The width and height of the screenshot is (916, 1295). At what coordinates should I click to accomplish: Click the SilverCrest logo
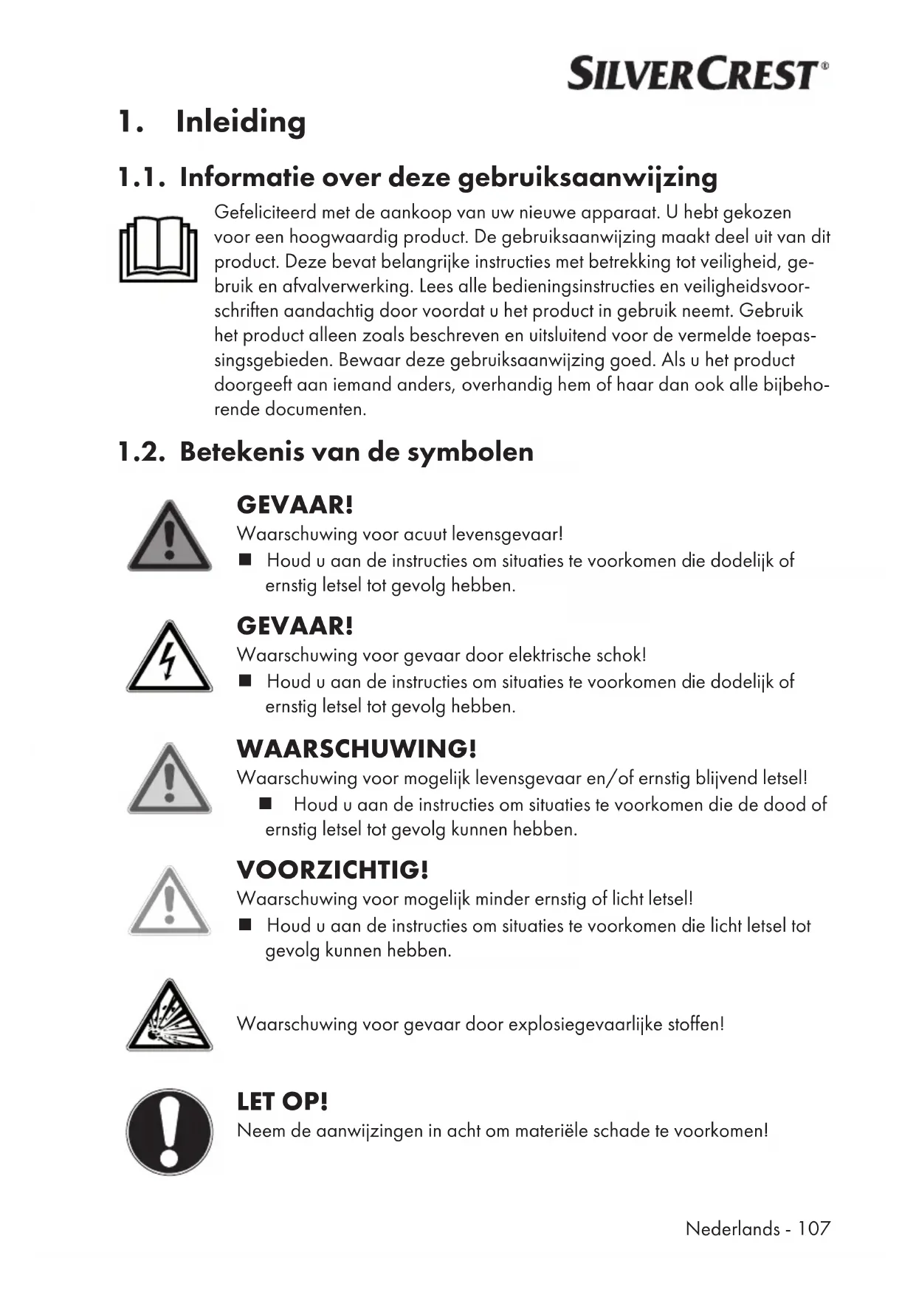[697, 74]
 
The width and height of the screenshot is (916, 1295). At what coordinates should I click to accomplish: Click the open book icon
[158, 250]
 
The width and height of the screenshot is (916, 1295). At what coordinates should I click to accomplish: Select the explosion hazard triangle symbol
[169, 1017]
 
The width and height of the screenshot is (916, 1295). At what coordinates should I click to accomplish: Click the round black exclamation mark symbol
[169, 1130]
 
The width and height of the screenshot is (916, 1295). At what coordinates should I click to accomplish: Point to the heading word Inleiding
[241, 122]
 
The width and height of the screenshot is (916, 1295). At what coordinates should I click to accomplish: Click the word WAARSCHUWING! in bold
[357, 749]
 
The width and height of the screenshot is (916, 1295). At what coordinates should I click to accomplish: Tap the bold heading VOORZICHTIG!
[332, 870]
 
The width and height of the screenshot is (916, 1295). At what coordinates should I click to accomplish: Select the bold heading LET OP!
[282, 1102]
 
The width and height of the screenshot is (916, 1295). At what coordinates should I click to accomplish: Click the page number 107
[813, 1229]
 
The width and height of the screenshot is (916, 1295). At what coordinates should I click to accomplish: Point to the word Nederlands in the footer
[732, 1229]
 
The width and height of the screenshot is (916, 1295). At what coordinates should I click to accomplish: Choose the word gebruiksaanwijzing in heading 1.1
[588, 178]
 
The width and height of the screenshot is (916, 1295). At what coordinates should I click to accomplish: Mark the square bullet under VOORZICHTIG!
[246, 924]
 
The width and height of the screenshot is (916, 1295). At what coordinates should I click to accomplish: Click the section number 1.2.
[141, 452]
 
